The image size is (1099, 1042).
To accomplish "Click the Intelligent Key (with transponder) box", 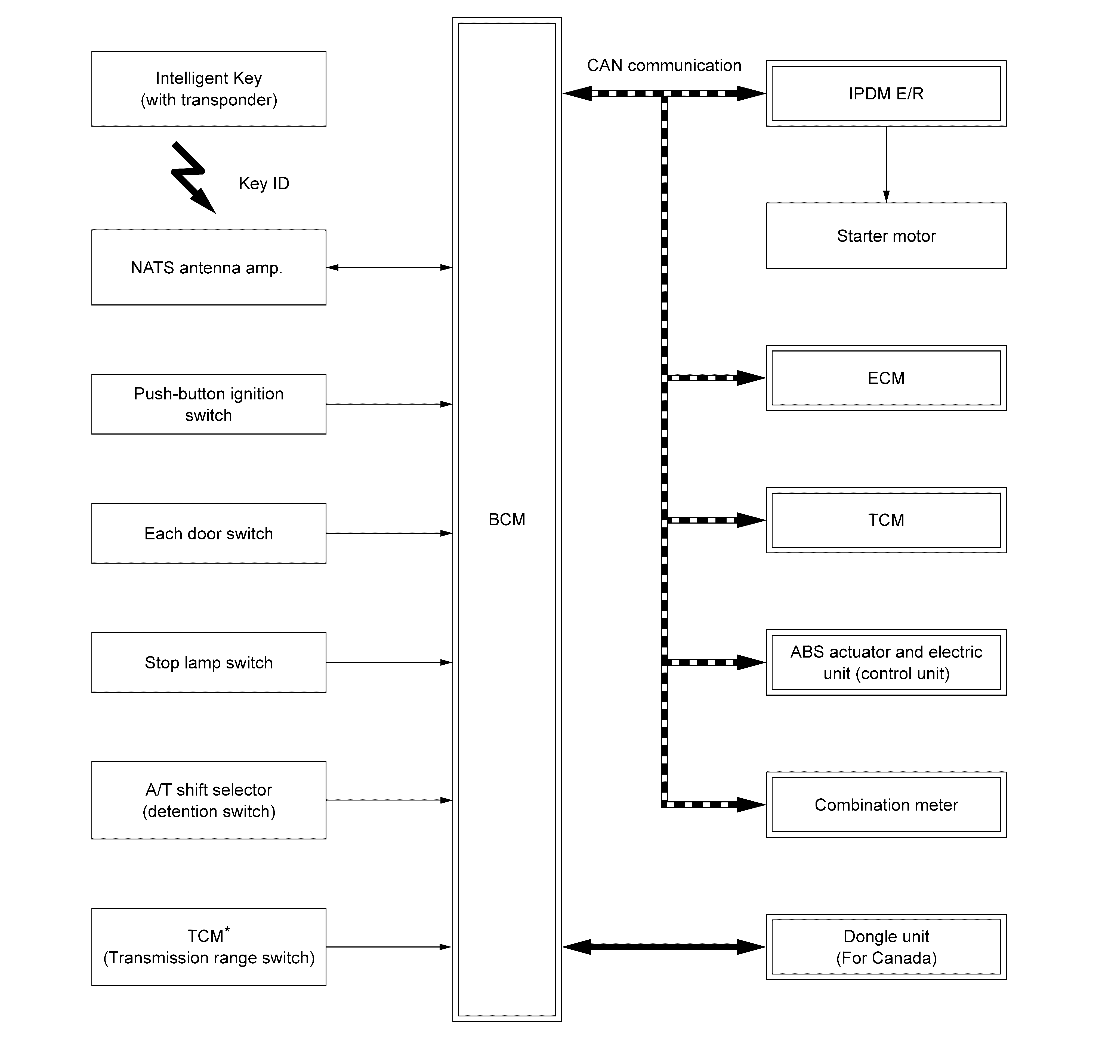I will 209,89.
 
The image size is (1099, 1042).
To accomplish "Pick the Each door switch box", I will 209,533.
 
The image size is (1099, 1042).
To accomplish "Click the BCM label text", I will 506,519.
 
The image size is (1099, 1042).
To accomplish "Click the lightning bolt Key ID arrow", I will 192,177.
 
